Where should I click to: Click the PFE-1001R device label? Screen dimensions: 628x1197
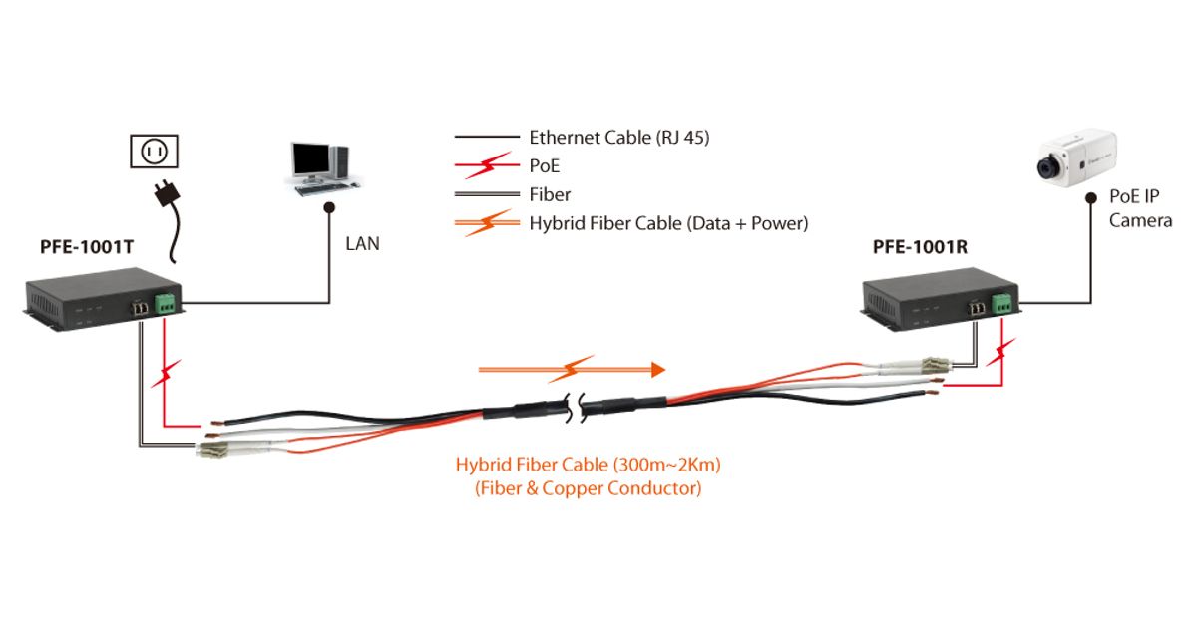coord(920,246)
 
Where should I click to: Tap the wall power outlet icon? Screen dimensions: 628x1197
coord(154,152)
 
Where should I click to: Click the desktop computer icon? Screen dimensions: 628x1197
coord(321,166)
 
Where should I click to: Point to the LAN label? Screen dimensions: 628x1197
coord(362,242)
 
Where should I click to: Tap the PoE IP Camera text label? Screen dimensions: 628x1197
coord(1140,210)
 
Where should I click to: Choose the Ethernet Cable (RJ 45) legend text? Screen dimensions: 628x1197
coord(618,138)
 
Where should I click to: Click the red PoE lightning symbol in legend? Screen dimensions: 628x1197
coord(489,165)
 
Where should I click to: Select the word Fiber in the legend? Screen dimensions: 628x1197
coord(550,194)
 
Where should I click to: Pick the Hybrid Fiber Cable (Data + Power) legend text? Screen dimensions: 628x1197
coord(667,223)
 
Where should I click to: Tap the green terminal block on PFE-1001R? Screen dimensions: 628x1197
coord(1002,302)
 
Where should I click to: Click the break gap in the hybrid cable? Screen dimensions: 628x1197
coord(576,408)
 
